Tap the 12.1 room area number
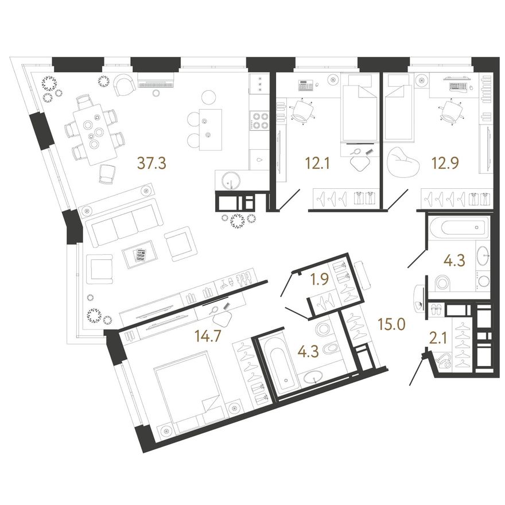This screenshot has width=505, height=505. pyautogui.click(x=317, y=164)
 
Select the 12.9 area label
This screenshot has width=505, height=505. pyautogui.click(x=445, y=163)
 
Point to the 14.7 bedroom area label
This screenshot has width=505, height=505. pyautogui.click(x=208, y=336)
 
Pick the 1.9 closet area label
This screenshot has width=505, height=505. pyautogui.click(x=319, y=279)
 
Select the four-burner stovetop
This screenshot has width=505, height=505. pyautogui.click(x=259, y=121)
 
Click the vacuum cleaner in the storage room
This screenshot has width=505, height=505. pyautogui.click(x=443, y=362)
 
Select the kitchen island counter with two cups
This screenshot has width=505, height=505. pyautogui.click(x=210, y=130)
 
